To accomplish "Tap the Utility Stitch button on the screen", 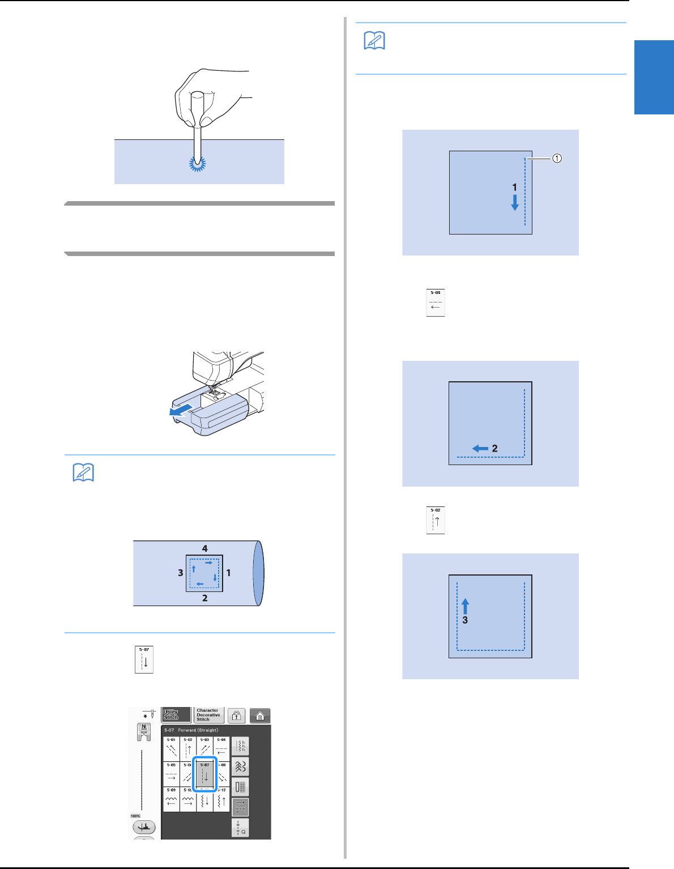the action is click(x=176, y=715).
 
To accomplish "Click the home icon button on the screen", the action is click(x=260, y=715).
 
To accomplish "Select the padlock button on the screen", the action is click(x=237, y=715).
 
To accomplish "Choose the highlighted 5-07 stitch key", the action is click(x=204, y=774).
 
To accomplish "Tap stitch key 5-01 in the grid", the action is click(x=171, y=748).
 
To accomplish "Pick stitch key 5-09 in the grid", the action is click(x=171, y=799).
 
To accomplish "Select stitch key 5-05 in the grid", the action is click(x=171, y=773).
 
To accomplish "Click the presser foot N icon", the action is click(x=144, y=731).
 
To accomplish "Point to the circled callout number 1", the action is click(x=557, y=159).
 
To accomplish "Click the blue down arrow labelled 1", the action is click(x=515, y=202).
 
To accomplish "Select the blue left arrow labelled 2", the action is click(x=480, y=449).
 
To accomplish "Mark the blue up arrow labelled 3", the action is click(x=465, y=606).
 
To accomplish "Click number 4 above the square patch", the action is click(x=205, y=548).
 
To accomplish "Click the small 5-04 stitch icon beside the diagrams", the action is click(x=436, y=303).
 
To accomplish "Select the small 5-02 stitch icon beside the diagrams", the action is click(x=436, y=520).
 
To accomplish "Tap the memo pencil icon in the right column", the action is click(x=374, y=41).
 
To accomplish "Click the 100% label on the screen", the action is click(x=135, y=816).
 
